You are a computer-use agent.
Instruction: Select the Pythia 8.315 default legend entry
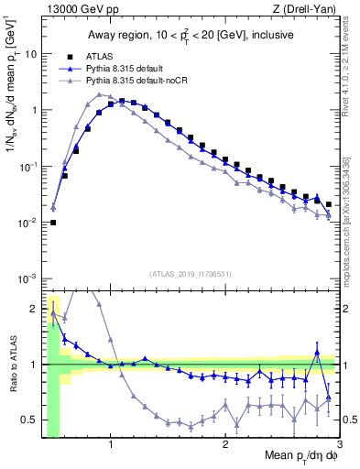tap(136, 68)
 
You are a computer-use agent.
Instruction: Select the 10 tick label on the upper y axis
tap(30, 54)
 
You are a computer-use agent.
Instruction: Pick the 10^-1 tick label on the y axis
tap(27, 167)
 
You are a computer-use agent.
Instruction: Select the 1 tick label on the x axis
tap(111, 443)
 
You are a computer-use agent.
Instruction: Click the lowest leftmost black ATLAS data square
tap(53, 223)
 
